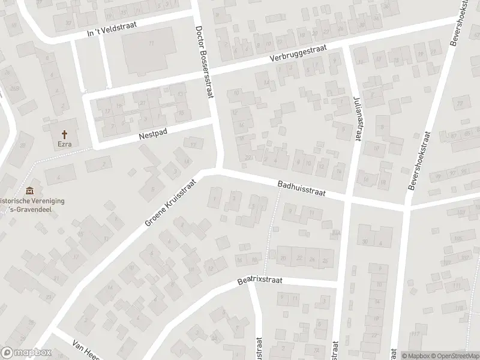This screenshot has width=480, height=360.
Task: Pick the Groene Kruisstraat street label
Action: tap(170, 201)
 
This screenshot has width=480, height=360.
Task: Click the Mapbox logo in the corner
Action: tap(26, 353)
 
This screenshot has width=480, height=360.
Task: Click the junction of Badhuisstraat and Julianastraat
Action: tap(348, 198)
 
